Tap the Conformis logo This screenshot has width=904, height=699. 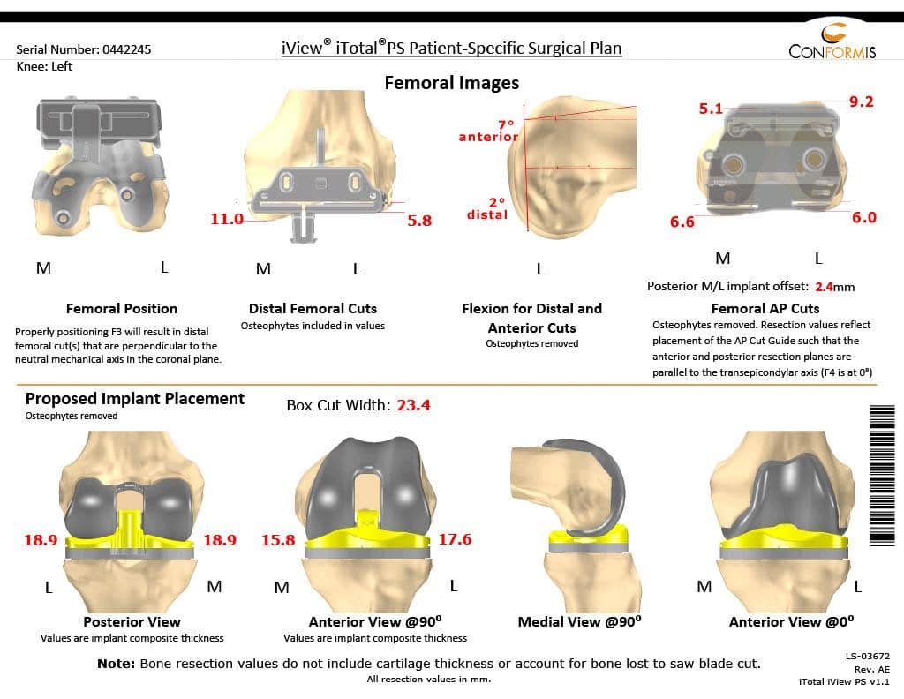832,43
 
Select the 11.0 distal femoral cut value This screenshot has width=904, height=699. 226,219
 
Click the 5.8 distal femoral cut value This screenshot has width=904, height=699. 419,221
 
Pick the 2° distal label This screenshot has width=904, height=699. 487,208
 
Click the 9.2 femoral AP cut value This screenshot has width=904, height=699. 861,101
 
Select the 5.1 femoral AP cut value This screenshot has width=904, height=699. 711,109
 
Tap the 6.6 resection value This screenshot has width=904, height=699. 682,222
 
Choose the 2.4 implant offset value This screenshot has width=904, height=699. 824,286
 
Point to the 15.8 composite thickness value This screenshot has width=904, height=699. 278,540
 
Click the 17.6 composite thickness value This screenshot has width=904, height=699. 455,539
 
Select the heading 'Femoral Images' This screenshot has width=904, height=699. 451,83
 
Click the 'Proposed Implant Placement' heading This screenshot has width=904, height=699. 135,398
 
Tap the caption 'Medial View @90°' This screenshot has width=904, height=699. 579,621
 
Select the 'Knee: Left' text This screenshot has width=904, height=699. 44,66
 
